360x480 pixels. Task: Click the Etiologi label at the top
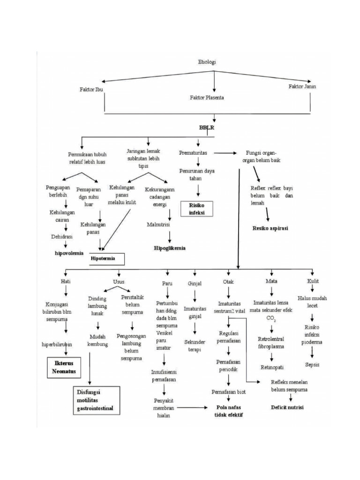[x=206, y=61]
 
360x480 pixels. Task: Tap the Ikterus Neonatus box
[x=63, y=367]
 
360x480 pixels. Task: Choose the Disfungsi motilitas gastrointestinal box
[x=95, y=400]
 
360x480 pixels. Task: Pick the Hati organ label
[x=65, y=282]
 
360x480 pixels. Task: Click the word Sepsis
[x=312, y=364]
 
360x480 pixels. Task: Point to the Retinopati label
[x=272, y=367]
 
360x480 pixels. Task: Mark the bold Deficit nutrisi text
[x=287, y=407]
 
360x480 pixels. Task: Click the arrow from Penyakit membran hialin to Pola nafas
[x=193, y=407]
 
